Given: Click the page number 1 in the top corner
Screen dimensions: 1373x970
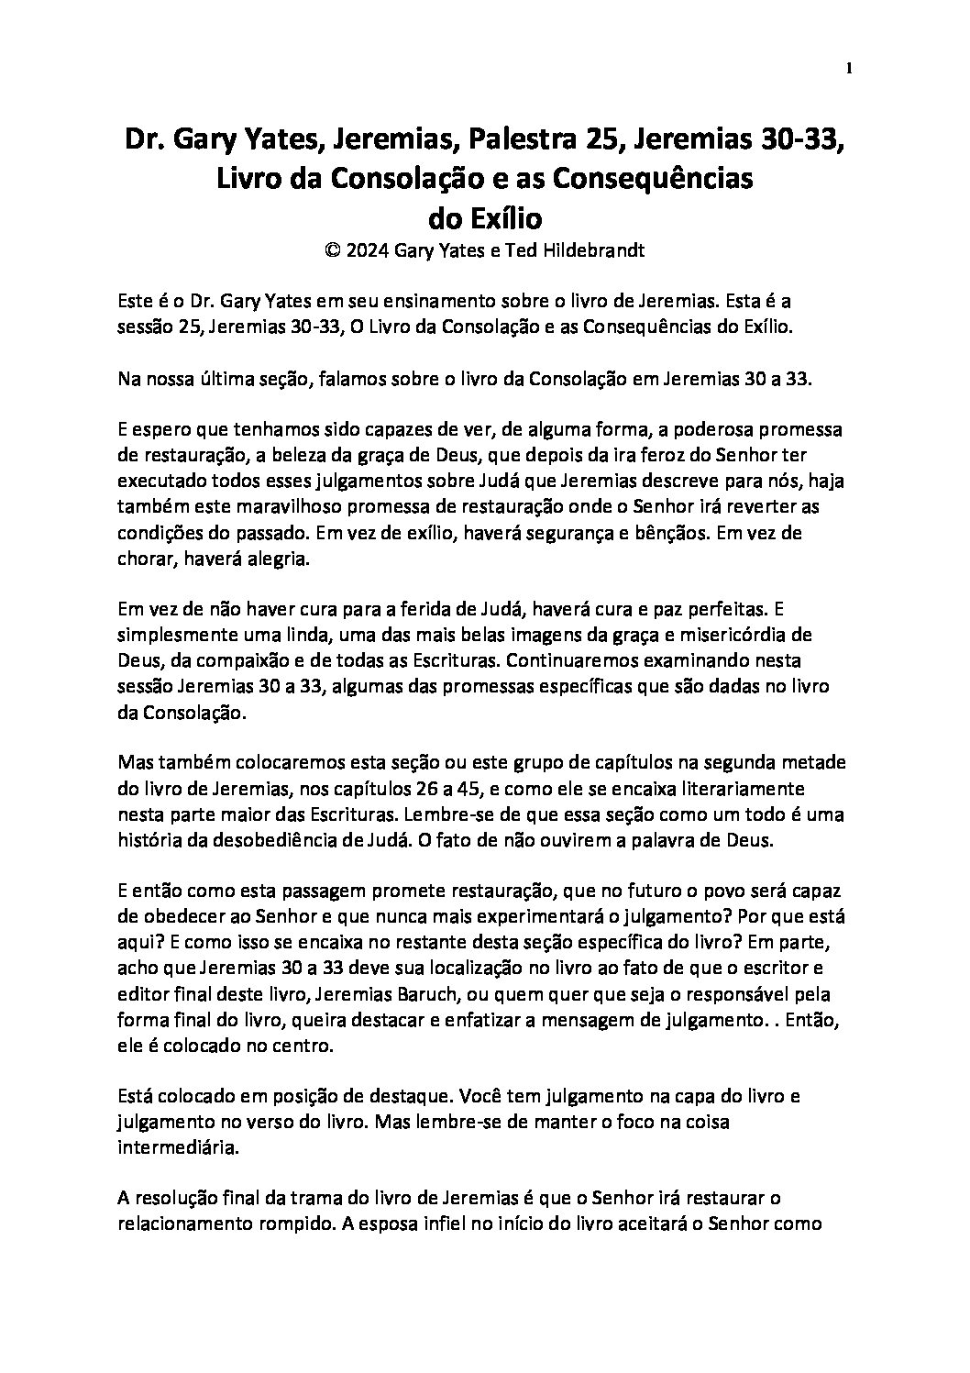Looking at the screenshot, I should [x=850, y=67].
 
